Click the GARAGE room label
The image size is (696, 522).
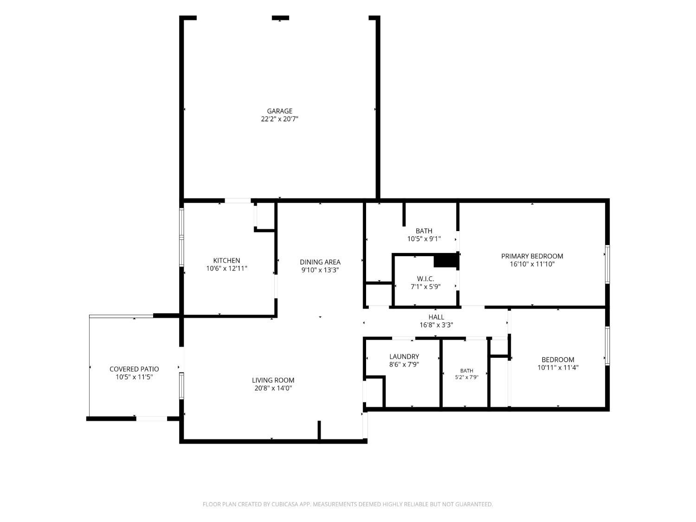point(279,111)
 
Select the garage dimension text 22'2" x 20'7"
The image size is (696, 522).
point(279,119)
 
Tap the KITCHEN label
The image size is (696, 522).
point(226,260)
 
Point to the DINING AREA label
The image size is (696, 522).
point(320,262)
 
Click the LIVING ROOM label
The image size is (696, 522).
point(273,380)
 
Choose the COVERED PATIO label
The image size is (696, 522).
point(134,369)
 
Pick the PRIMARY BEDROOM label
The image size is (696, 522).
point(532,256)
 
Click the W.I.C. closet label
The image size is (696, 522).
point(425,279)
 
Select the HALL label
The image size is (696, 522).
point(436,317)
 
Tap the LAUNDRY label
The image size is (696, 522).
point(404,356)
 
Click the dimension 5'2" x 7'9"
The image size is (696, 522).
point(466,377)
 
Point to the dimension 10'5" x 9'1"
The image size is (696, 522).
point(424,238)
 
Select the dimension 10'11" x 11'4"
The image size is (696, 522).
point(558,367)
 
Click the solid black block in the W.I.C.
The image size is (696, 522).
point(445,261)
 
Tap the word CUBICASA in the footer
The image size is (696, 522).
point(284,504)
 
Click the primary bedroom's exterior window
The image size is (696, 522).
point(607,264)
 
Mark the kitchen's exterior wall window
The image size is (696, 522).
point(182,237)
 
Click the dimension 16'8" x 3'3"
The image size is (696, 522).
point(436,325)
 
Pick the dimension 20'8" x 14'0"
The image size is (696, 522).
point(273,388)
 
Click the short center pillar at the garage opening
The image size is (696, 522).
point(280,18)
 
